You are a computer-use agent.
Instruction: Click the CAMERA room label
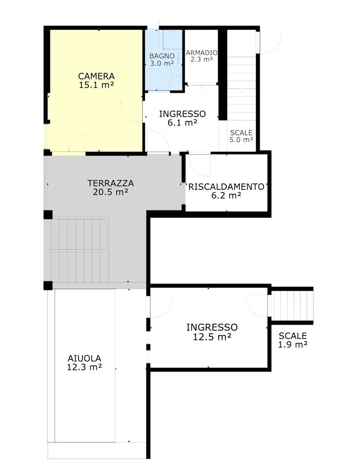[x=96, y=76]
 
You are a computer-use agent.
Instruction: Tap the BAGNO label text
[x=162, y=56]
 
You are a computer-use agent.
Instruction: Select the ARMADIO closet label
[x=202, y=52]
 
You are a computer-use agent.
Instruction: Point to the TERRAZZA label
[x=110, y=183]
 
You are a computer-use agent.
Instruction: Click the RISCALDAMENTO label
[x=226, y=187]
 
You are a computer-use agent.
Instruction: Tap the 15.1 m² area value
[x=96, y=85]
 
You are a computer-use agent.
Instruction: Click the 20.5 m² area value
[x=110, y=192]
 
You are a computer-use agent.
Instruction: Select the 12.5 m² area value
[x=212, y=337]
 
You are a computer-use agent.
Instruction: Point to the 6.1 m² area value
[x=182, y=123]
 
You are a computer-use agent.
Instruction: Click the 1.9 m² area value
[x=293, y=344]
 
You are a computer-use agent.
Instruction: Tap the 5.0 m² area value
[x=241, y=140]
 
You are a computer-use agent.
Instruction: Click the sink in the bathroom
[x=176, y=75]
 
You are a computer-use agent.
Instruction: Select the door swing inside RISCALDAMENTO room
[x=198, y=165]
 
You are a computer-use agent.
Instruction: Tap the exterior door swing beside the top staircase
[x=271, y=42]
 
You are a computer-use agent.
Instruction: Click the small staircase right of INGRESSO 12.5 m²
[x=292, y=306]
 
